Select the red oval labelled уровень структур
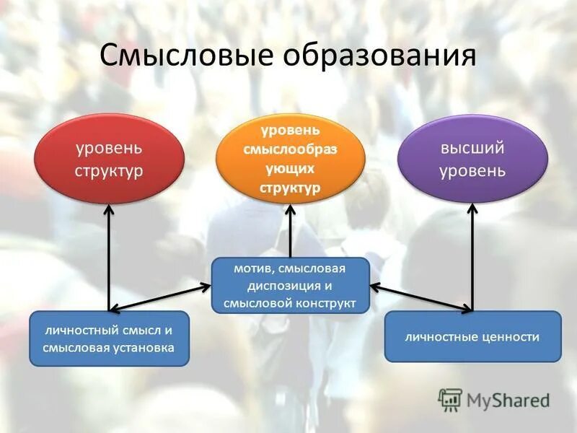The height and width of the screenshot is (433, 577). pyautogui.click(x=109, y=159)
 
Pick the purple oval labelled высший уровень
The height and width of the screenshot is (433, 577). pyautogui.click(x=472, y=159)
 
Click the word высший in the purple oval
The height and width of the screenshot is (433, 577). pyautogui.click(x=472, y=149)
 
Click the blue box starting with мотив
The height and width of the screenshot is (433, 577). pyautogui.click(x=289, y=285)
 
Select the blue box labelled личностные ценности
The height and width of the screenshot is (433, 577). pyautogui.click(x=472, y=336)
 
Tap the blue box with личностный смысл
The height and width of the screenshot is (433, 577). pyautogui.click(x=109, y=338)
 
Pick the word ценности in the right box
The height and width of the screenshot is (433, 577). pyautogui.click(x=512, y=337)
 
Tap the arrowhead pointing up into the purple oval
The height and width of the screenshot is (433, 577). pyautogui.click(x=472, y=209)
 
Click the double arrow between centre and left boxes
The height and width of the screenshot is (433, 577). pyautogui.click(x=159, y=298)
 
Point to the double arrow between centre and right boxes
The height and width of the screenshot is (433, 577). pyautogui.click(x=421, y=298)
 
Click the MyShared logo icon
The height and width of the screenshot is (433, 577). pyautogui.click(x=450, y=399)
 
